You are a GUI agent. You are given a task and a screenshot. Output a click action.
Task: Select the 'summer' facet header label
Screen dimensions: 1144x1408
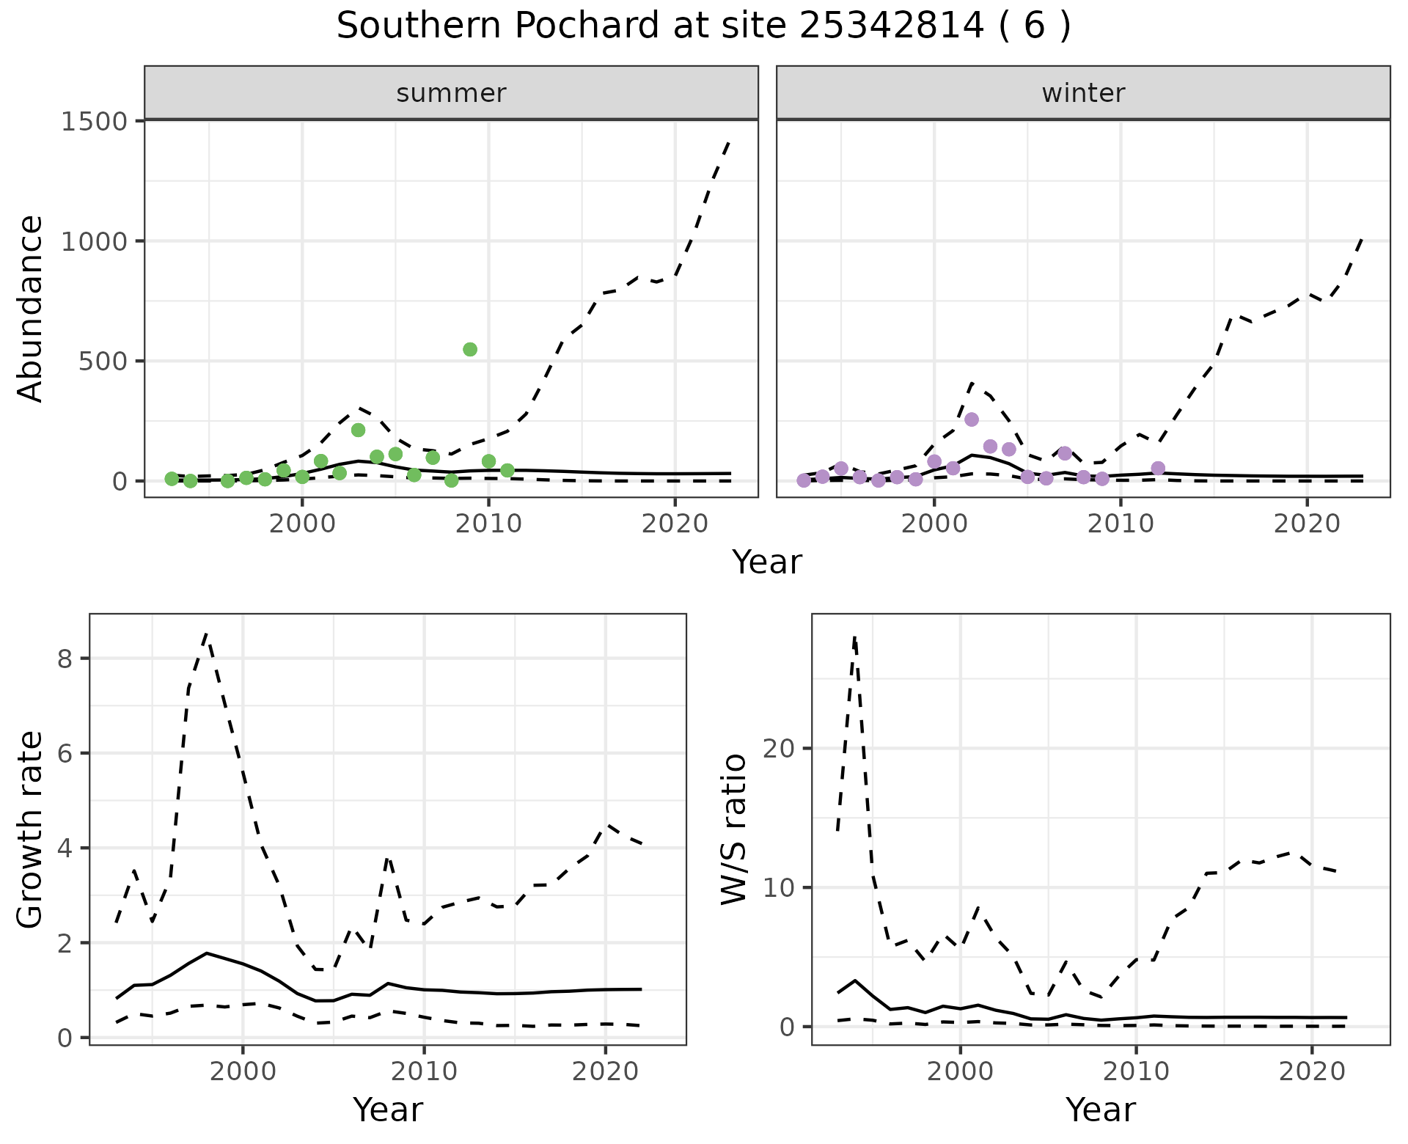click(451, 93)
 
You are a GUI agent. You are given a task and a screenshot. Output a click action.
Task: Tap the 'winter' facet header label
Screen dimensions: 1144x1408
click(1083, 93)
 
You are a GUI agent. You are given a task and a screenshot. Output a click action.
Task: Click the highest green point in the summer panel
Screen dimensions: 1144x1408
click(470, 349)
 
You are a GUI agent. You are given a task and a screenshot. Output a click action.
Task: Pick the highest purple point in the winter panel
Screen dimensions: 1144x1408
click(972, 419)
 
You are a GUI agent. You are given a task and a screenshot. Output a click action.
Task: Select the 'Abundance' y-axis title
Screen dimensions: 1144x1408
click(31, 308)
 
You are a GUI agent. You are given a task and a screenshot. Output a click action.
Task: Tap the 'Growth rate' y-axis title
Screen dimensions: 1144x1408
click(31, 830)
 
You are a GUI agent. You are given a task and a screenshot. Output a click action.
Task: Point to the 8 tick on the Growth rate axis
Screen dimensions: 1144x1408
click(65, 659)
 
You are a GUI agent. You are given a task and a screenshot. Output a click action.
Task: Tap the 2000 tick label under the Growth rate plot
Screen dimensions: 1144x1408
click(243, 1071)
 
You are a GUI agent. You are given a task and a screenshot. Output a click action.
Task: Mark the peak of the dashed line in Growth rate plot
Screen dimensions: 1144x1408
click(207, 633)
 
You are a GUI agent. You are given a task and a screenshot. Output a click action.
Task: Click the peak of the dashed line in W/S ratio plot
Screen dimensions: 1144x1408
click(854, 638)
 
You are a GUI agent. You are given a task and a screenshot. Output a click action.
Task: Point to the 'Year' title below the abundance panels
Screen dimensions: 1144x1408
click(767, 562)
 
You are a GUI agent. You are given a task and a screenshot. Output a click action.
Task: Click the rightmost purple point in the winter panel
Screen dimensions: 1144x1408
click(1158, 469)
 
